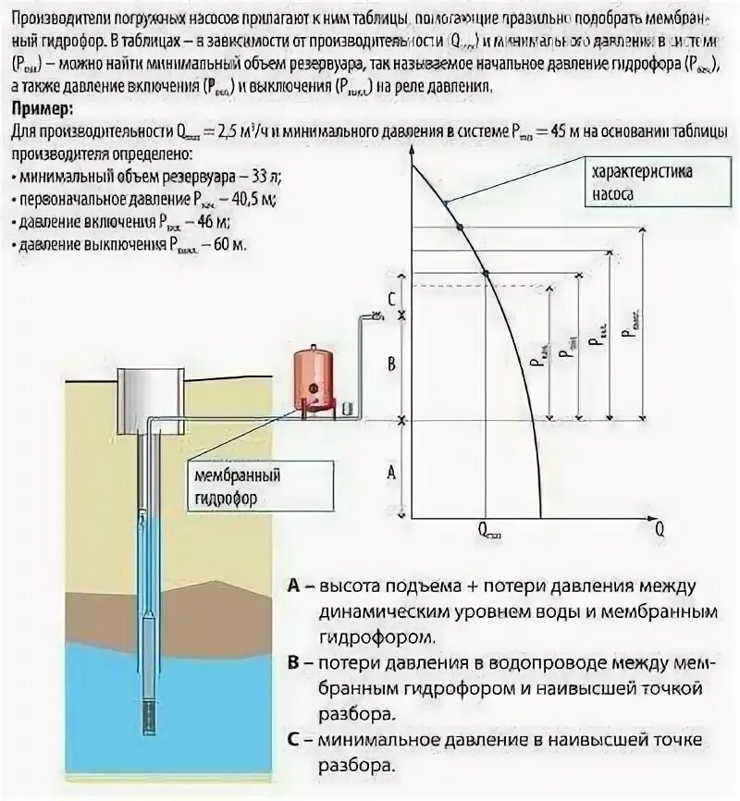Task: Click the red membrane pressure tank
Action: (x=314, y=378)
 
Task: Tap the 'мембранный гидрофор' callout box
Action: (x=236, y=486)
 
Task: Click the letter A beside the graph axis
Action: (x=391, y=472)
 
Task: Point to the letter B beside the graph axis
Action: (x=391, y=364)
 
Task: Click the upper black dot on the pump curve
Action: (x=460, y=227)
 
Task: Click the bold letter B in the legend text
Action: (x=294, y=664)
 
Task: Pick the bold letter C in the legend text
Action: (x=294, y=741)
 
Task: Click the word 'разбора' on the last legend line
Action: (x=357, y=766)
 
